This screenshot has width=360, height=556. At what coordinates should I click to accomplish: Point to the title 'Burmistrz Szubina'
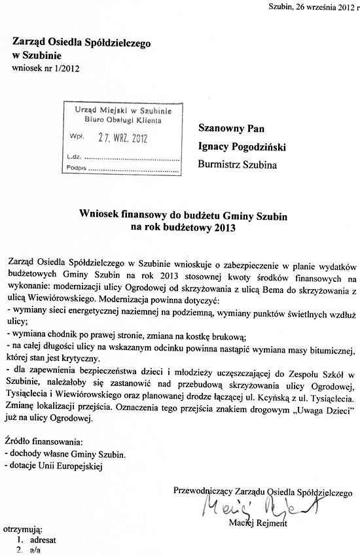click(237, 165)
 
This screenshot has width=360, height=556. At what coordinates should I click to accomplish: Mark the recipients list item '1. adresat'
click(37, 541)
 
